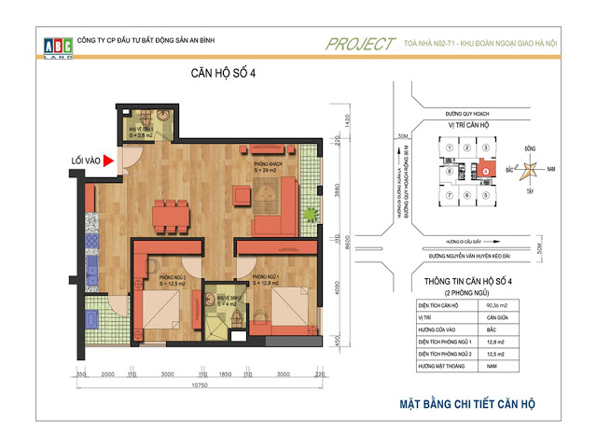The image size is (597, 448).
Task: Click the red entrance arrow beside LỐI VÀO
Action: click(109, 161)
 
